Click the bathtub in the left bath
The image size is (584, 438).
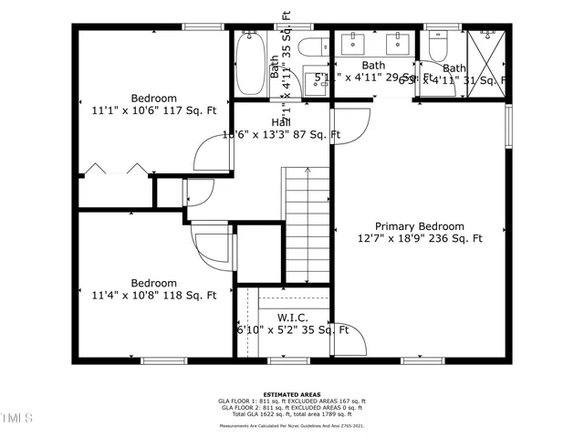tap(248, 63)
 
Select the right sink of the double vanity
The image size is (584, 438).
tap(398, 41)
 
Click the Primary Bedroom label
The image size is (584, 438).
tap(420, 226)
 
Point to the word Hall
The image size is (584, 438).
tap(281, 121)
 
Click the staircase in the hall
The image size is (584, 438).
tap(306, 196)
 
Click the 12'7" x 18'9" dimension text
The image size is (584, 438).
tap(420, 239)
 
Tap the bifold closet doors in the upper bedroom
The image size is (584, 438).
tap(114, 171)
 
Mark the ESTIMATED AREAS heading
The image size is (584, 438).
tap(291, 395)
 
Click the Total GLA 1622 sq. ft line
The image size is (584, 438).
tap(291, 414)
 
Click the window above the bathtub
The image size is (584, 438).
tap(248, 27)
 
